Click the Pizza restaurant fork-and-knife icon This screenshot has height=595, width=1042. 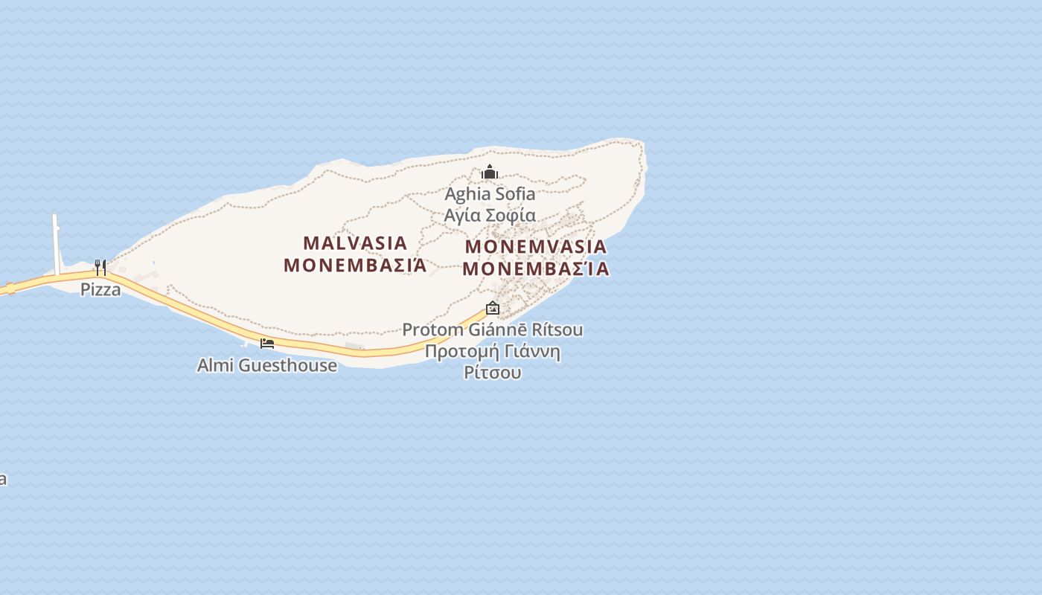[100, 267]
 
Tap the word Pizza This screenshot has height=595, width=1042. [100, 289]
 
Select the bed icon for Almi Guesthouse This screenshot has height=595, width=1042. [267, 343]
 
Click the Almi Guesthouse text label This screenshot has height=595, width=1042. [266, 365]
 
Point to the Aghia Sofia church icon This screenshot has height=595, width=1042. [489, 173]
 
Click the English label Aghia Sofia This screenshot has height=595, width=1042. [490, 194]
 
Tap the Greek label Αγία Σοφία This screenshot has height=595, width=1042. [490, 215]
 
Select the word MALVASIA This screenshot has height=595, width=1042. [355, 243]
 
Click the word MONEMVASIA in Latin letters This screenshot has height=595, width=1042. [535, 247]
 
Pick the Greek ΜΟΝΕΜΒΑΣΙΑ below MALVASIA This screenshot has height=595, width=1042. [355, 266]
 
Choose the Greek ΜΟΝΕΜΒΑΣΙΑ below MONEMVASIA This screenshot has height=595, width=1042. [535, 269]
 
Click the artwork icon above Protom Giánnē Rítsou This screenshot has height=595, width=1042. [493, 307]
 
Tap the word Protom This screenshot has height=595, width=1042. [426, 329]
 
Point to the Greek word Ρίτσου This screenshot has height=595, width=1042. [493, 373]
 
